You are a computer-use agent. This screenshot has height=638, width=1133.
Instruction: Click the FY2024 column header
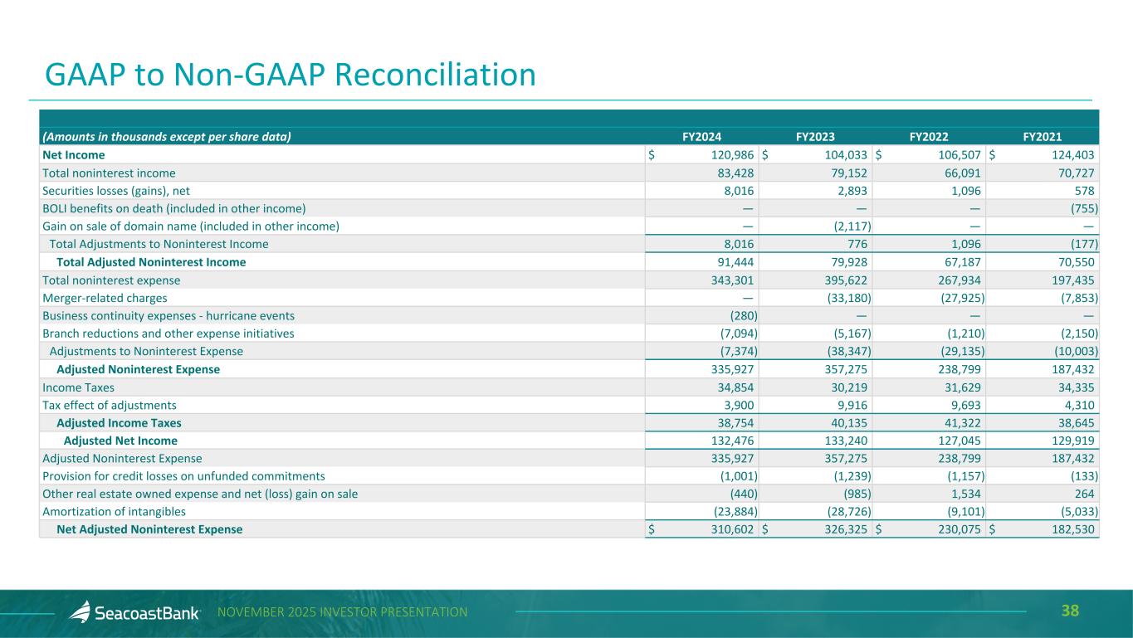point(696,136)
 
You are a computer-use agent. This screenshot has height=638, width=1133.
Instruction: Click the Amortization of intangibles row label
point(115,512)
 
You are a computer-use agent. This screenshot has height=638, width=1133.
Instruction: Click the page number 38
point(1070,612)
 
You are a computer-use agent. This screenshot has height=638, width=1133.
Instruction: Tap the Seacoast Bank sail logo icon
point(81,612)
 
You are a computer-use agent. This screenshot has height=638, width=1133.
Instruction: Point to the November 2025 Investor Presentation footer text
point(342,612)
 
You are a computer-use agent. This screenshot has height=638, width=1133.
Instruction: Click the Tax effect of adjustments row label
point(110,406)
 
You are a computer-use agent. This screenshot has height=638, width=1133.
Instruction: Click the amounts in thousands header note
point(167,136)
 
